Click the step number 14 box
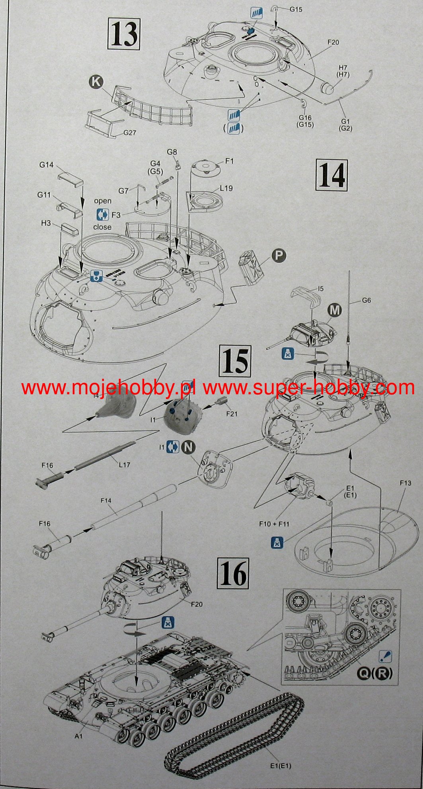pos(331,175)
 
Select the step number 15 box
pos(236,361)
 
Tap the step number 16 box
pos(233,573)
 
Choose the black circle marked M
pos(335,310)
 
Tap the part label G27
pos(130,133)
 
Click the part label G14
pos(47,164)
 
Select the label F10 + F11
pos(274,524)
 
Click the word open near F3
pos(103,201)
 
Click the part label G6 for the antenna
pos(366,300)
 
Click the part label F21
pos(232,414)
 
